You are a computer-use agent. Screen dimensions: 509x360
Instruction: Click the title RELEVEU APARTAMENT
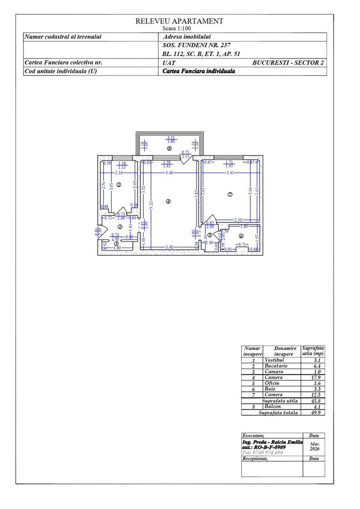(179, 21)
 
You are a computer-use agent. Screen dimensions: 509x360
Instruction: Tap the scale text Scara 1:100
(179, 28)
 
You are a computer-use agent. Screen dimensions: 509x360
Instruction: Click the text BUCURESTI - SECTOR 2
(288, 62)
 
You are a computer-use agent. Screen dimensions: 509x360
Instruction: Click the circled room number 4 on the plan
(168, 201)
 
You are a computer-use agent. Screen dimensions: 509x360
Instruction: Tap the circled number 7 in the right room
(230, 195)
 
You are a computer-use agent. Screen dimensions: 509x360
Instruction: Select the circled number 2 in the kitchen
(119, 185)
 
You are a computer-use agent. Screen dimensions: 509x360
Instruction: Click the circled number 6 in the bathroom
(241, 236)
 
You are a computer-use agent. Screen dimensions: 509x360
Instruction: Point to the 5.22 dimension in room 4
(151, 205)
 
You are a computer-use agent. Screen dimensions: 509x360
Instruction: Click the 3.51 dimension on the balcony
(171, 138)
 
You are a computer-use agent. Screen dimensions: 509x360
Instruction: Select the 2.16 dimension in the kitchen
(119, 173)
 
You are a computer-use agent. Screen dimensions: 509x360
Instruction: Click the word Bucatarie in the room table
(276, 366)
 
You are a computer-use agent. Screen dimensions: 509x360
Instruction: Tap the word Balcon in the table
(273, 407)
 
